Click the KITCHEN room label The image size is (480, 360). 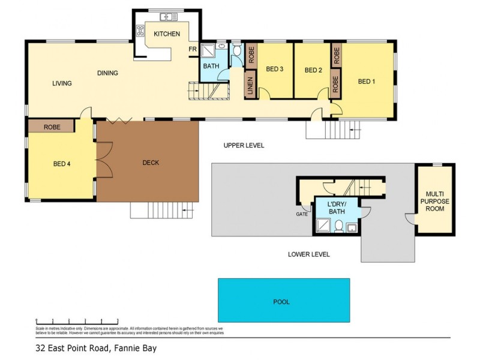point(166,34)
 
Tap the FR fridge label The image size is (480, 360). point(193,49)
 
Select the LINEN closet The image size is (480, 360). point(250,85)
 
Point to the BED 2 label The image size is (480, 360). point(313,70)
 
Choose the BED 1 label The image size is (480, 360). point(366,82)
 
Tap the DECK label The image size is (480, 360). point(150,162)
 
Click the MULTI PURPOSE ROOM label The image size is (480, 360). point(434,202)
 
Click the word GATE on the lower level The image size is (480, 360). point(301,214)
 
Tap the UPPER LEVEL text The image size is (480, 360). point(244,146)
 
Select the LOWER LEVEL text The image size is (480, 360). point(308,254)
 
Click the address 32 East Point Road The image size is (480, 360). point(96,347)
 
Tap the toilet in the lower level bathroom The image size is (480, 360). point(338,226)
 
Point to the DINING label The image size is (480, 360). point(107,73)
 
